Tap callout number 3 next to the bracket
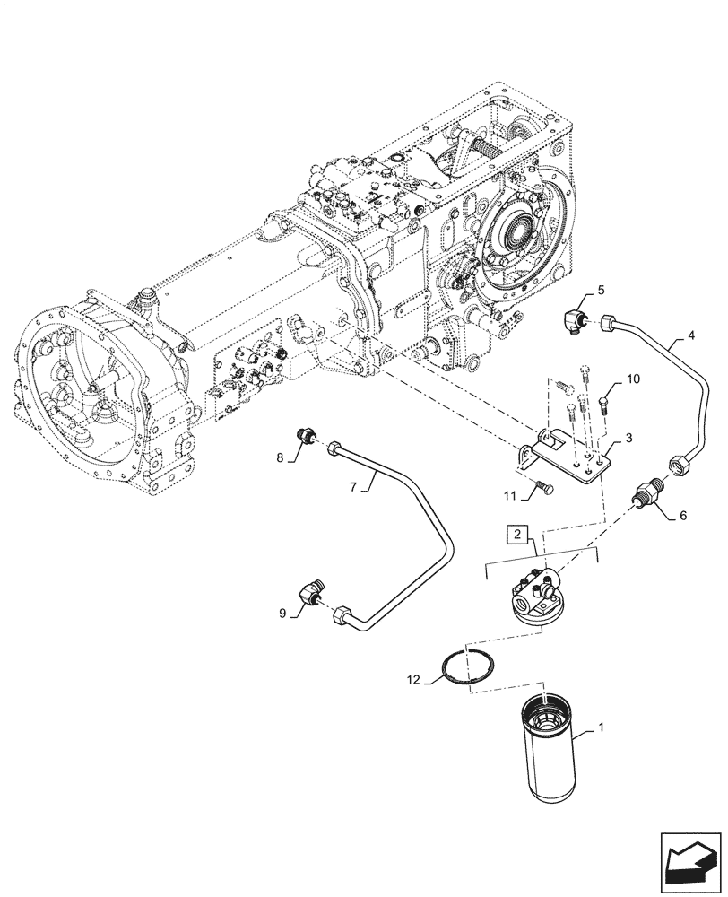(x=629, y=438)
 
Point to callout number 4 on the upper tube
(x=690, y=337)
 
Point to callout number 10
(x=633, y=379)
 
